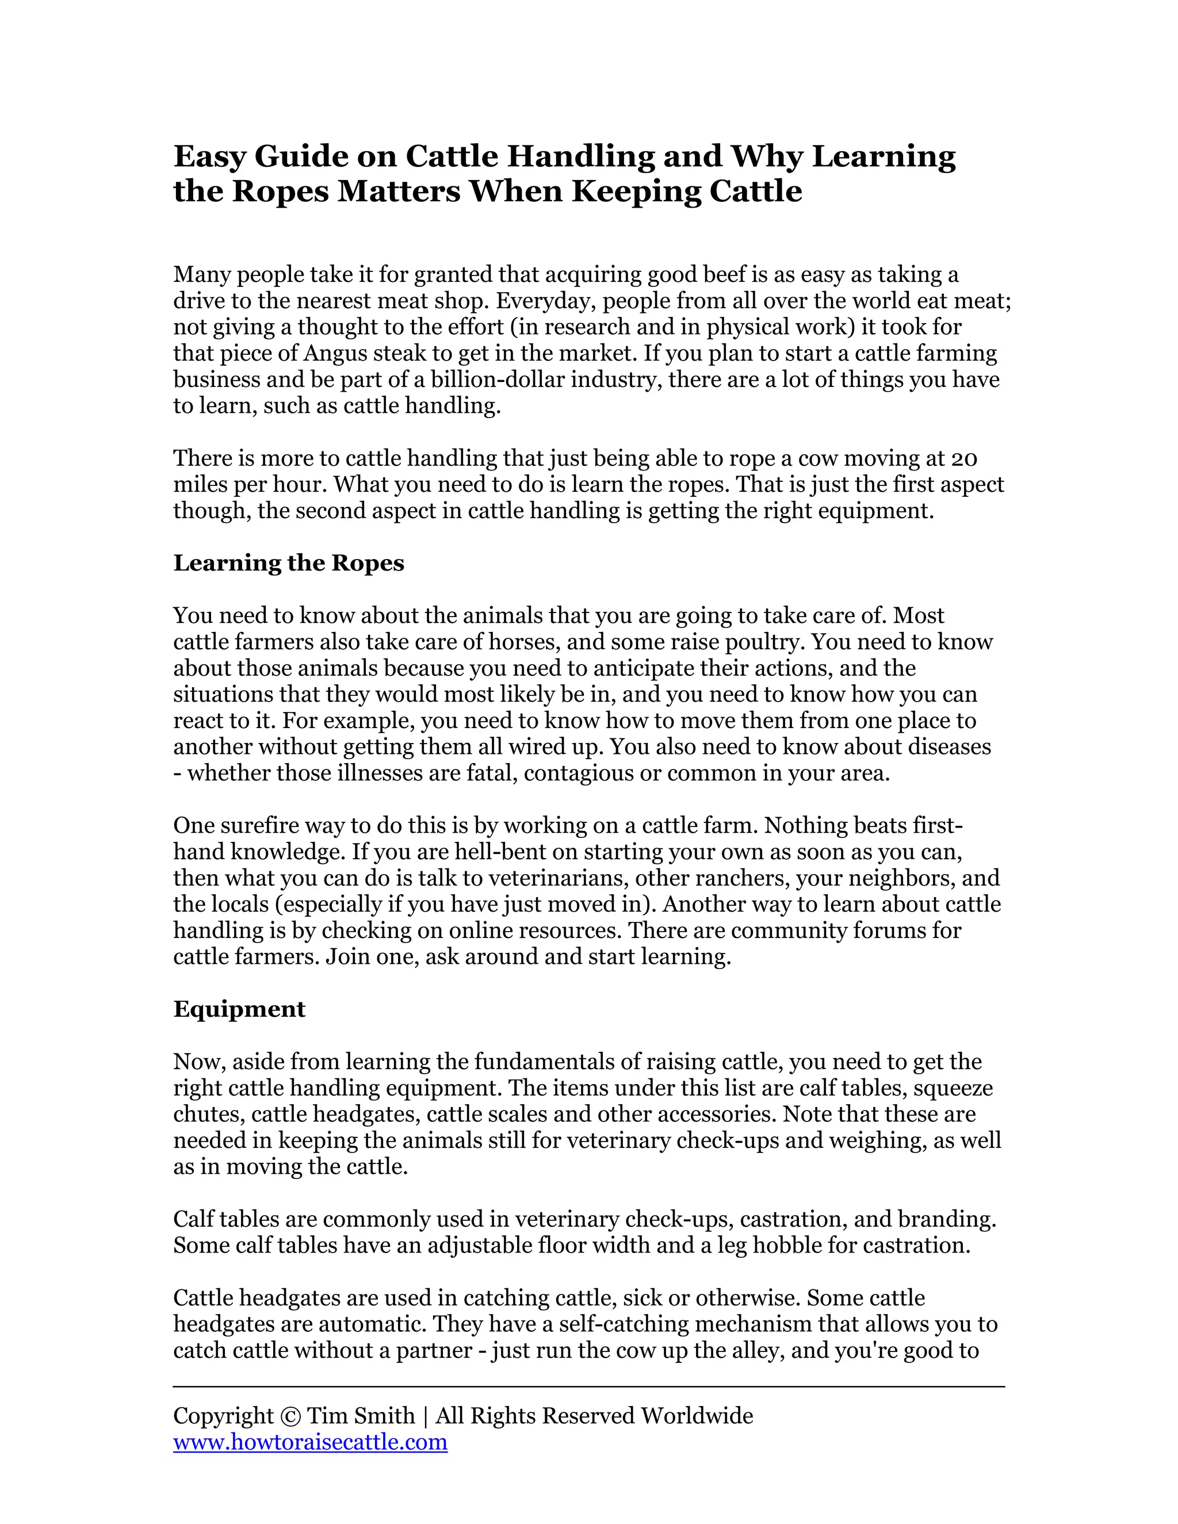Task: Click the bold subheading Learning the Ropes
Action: [288, 563]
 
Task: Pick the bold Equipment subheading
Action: [239, 1009]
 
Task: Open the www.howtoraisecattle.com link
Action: [310, 1442]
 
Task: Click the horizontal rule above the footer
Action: [588, 1387]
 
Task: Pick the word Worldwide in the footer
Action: [697, 1416]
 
